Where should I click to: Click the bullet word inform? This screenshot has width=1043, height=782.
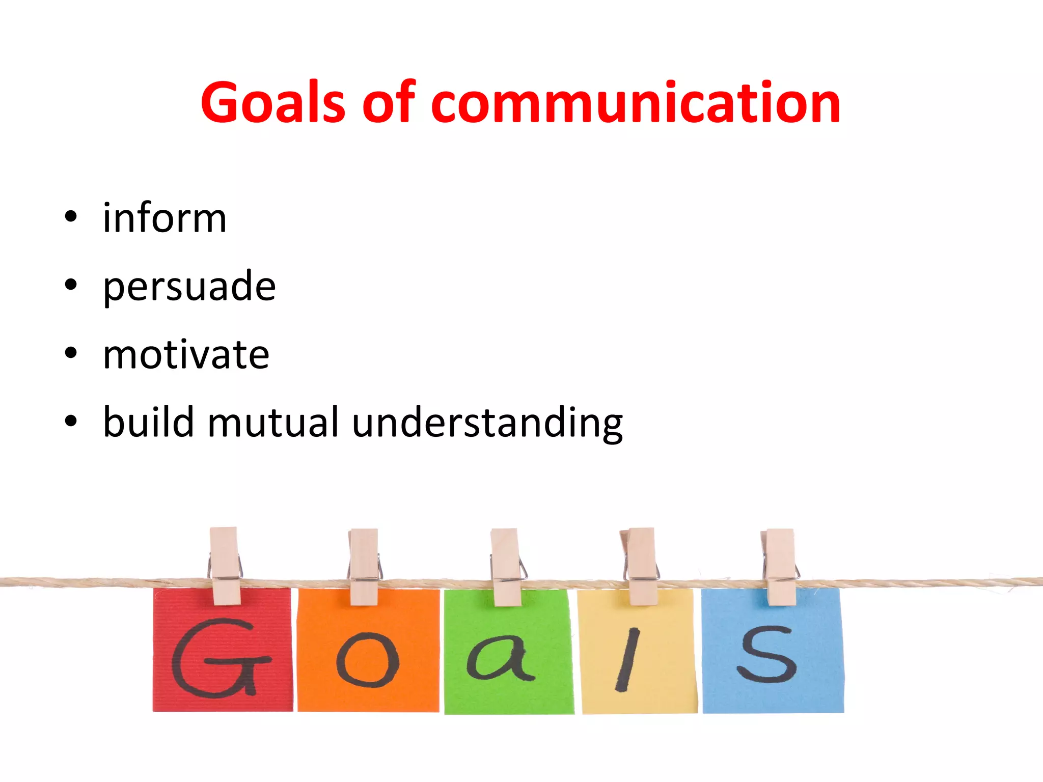[x=164, y=218]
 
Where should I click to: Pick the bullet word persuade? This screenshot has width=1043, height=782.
[x=189, y=287]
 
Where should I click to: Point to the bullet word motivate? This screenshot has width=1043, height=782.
[x=186, y=355]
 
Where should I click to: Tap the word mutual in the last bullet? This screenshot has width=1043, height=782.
[x=273, y=422]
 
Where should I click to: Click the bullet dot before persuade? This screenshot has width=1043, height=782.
[x=71, y=285]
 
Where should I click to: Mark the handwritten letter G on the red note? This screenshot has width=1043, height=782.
[x=220, y=658]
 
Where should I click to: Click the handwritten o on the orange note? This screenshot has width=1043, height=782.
[x=368, y=660]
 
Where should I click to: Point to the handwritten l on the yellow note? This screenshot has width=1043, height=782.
[x=627, y=659]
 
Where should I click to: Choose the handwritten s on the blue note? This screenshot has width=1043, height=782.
[x=767, y=654]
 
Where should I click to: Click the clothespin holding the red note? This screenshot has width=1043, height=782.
[x=225, y=565]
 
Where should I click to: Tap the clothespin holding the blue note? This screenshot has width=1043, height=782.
[x=780, y=566]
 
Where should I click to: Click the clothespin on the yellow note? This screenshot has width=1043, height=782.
[x=642, y=566]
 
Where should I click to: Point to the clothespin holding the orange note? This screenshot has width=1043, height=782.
[x=364, y=566]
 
